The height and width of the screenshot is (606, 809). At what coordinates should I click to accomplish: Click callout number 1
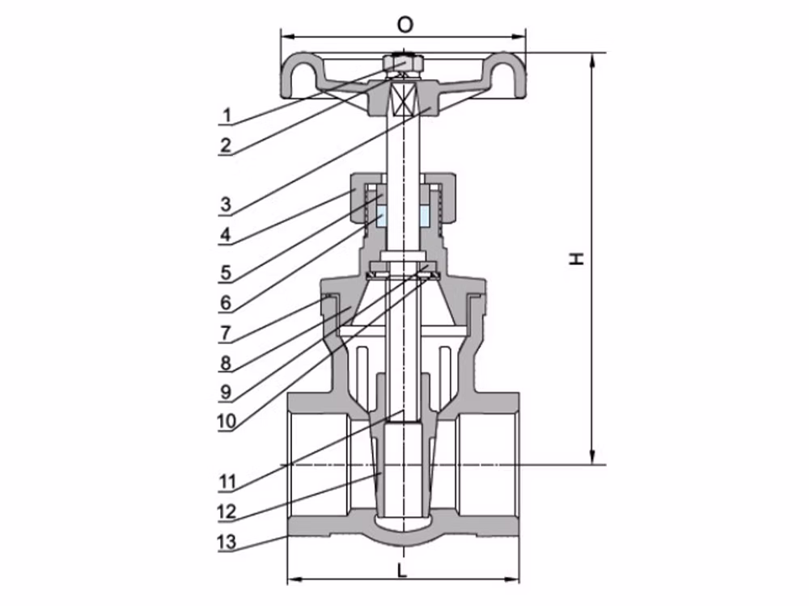[x=226, y=115]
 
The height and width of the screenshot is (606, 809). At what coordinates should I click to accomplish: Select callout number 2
[x=226, y=145]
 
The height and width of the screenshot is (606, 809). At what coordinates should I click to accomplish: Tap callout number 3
[x=226, y=204]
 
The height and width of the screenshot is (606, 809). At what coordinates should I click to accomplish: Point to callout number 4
[x=226, y=235]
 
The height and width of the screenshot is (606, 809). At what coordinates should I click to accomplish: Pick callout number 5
[x=226, y=272]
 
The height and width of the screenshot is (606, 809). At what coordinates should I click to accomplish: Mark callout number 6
[x=226, y=302]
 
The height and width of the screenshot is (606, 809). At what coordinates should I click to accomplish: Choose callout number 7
[x=226, y=333]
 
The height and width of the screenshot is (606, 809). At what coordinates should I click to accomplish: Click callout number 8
[x=226, y=363]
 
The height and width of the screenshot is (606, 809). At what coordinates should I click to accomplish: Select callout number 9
[x=226, y=392]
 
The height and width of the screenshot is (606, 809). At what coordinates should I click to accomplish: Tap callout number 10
[x=227, y=422]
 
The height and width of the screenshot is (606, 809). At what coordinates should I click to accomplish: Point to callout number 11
[x=227, y=482]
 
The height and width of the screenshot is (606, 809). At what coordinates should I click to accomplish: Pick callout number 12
[x=227, y=511]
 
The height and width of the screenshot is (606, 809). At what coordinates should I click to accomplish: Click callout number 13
[x=227, y=541]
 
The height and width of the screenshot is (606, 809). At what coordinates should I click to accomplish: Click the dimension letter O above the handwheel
[x=405, y=24]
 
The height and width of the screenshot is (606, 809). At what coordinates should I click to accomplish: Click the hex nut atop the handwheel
[x=404, y=64]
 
